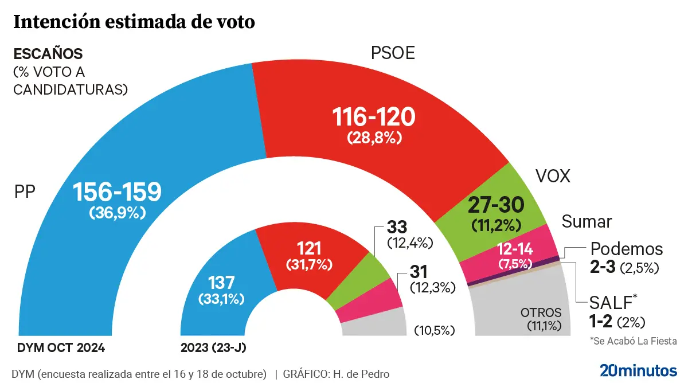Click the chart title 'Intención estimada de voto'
[x=134, y=22]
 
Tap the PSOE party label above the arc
[x=393, y=53]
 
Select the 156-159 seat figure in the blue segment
[x=118, y=193]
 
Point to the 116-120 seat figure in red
[x=374, y=118]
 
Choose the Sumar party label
[x=587, y=221]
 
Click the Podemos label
[x=627, y=249]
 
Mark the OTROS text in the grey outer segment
[x=541, y=313]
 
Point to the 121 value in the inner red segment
[x=310, y=248]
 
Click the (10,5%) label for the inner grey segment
[x=434, y=330]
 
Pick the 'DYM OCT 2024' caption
[x=61, y=347]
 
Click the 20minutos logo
[x=638, y=370]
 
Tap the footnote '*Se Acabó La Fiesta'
[x=633, y=341]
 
